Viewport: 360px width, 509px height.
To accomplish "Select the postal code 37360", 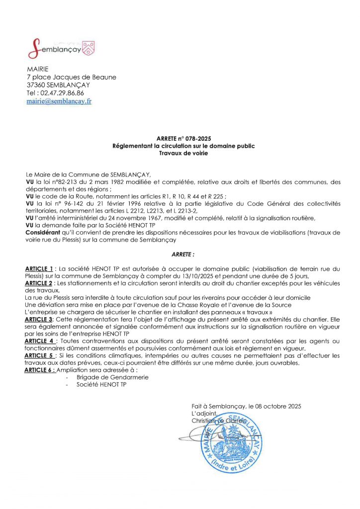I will click(36, 85).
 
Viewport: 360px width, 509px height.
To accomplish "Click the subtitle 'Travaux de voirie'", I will click(183, 154).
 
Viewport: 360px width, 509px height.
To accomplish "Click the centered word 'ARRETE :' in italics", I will click(183, 254).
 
